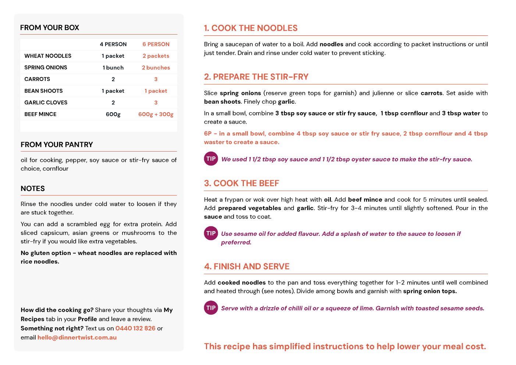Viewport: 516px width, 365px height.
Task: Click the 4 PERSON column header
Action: [x=113, y=44]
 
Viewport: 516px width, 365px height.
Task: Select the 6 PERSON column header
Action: [x=156, y=44]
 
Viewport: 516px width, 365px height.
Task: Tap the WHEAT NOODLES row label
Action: [x=48, y=56]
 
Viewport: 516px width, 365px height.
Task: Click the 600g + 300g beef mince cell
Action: [x=156, y=114]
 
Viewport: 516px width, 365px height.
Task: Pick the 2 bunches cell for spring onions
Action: [x=156, y=68]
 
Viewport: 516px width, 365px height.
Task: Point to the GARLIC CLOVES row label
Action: [x=46, y=103]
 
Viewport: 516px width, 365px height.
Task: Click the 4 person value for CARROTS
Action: [x=113, y=79]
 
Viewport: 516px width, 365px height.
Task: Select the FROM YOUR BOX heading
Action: [x=50, y=28]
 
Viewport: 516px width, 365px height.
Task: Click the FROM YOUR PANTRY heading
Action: [x=57, y=145]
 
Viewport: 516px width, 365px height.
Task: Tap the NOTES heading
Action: [x=33, y=188]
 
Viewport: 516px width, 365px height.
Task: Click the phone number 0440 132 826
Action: [x=135, y=328]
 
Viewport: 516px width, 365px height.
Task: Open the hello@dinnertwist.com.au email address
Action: [x=77, y=337]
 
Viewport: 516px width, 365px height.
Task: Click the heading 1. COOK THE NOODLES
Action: [x=251, y=28]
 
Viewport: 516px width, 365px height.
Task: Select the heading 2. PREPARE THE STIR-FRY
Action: [x=256, y=77]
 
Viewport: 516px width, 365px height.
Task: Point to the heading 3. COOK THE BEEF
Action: [x=242, y=183]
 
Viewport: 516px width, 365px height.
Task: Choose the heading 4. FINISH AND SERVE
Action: [x=247, y=266]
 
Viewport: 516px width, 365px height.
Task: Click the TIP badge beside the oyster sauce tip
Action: [x=211, y=159]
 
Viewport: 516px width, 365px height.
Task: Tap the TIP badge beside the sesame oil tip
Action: [x=211, y=233]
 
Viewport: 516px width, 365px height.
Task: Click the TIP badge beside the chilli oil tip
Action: [x=211, y=308]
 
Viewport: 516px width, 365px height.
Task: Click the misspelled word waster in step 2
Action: [x=213, y=142]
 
